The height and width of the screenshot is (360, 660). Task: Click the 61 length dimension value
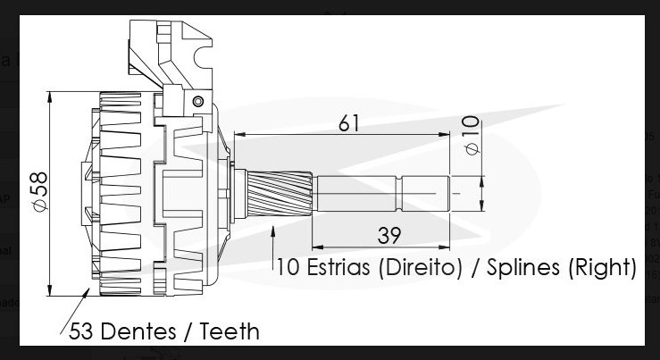pyautogui.click(x=349, y=123)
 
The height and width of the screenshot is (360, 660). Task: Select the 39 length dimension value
pyautogui.click(x=388, y=236)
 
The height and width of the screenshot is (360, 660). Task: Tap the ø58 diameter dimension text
pyautogui.click(x=41, y=191)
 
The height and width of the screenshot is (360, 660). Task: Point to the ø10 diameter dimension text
pyautogui.click(x=472, y=135)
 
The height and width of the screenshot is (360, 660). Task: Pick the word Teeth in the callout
pyautogui.click(x=230, y=331)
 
